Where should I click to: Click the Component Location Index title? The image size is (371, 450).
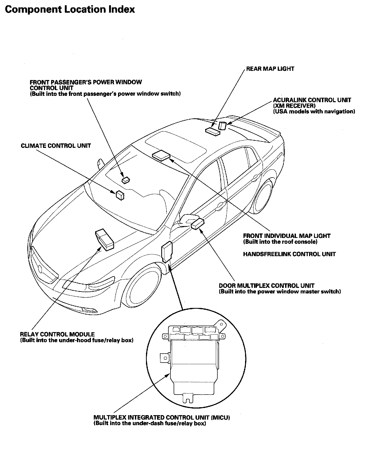point(70,10)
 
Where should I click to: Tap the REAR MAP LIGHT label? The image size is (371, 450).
point(270,69)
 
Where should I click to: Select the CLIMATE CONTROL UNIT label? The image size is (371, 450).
point(56,146)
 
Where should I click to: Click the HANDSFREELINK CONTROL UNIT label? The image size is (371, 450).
point(289,254)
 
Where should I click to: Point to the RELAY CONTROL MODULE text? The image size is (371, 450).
point(57,334)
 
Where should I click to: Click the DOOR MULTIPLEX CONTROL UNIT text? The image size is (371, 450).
point(266,286)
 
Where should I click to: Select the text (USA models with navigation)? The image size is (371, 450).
point(314,111)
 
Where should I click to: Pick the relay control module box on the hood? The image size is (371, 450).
point(104,239)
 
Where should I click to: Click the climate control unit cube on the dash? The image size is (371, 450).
point(120,195)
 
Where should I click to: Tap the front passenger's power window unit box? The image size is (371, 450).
point(125,180)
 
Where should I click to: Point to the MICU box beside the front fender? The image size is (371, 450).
point(167,252)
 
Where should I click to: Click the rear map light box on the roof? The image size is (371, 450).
point(213,131)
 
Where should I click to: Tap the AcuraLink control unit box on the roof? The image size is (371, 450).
point(222,126)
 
